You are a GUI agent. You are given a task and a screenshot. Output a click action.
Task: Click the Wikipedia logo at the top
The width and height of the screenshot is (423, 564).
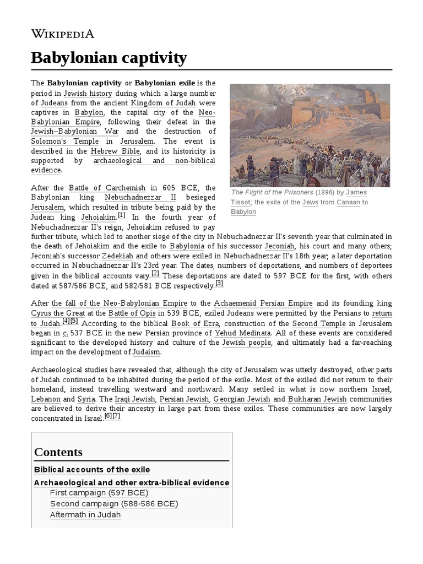point(63,34)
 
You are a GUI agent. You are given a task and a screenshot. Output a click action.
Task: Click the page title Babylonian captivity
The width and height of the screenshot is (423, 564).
point(109,57)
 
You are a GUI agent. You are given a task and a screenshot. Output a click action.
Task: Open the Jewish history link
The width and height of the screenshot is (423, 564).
point(88,93)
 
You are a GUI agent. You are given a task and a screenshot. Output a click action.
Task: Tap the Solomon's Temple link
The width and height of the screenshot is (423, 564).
point(57,140)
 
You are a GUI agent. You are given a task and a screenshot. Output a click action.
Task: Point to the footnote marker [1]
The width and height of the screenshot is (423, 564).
point(121,216)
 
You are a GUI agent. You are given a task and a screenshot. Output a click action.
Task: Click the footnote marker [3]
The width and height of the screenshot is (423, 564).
point(219,284)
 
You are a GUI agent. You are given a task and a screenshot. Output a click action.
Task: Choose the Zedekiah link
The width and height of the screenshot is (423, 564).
point(118,256)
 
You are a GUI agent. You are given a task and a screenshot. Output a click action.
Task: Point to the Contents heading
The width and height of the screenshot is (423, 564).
point(58,452)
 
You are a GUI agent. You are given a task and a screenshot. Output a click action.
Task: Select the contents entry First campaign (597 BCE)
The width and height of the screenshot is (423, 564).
point(99,492)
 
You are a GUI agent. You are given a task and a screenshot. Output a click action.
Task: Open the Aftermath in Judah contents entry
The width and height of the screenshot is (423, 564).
point(85,514)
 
